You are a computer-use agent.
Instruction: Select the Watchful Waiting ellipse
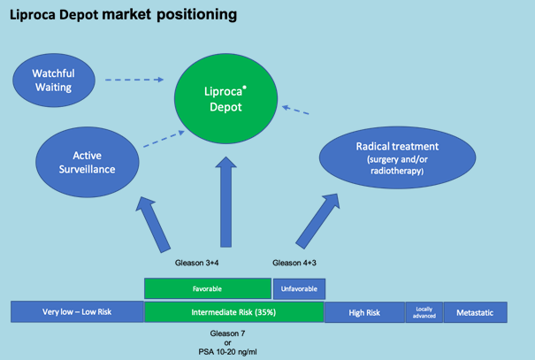[52, 80]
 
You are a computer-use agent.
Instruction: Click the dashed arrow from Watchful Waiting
[133, 80]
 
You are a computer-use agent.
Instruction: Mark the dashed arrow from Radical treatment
[301, 112]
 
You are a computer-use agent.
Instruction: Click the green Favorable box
[207, 288]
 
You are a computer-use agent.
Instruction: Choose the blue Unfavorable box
[300, 288]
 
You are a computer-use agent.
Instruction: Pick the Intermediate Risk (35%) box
[233, 312]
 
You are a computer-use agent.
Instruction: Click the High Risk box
[363, 312]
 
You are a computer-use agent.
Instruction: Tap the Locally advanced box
[423, 312]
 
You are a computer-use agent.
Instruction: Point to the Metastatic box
[475, 312]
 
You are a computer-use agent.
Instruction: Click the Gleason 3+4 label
[195, 263]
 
